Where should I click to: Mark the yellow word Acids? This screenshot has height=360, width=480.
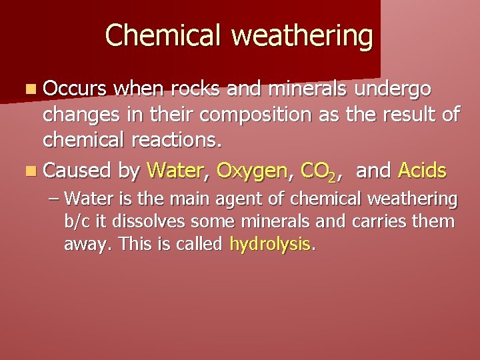422,171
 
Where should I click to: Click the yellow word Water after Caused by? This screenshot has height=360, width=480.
175,171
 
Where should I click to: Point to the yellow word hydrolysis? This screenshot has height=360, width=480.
270,245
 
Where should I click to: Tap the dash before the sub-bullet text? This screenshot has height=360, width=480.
55,199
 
